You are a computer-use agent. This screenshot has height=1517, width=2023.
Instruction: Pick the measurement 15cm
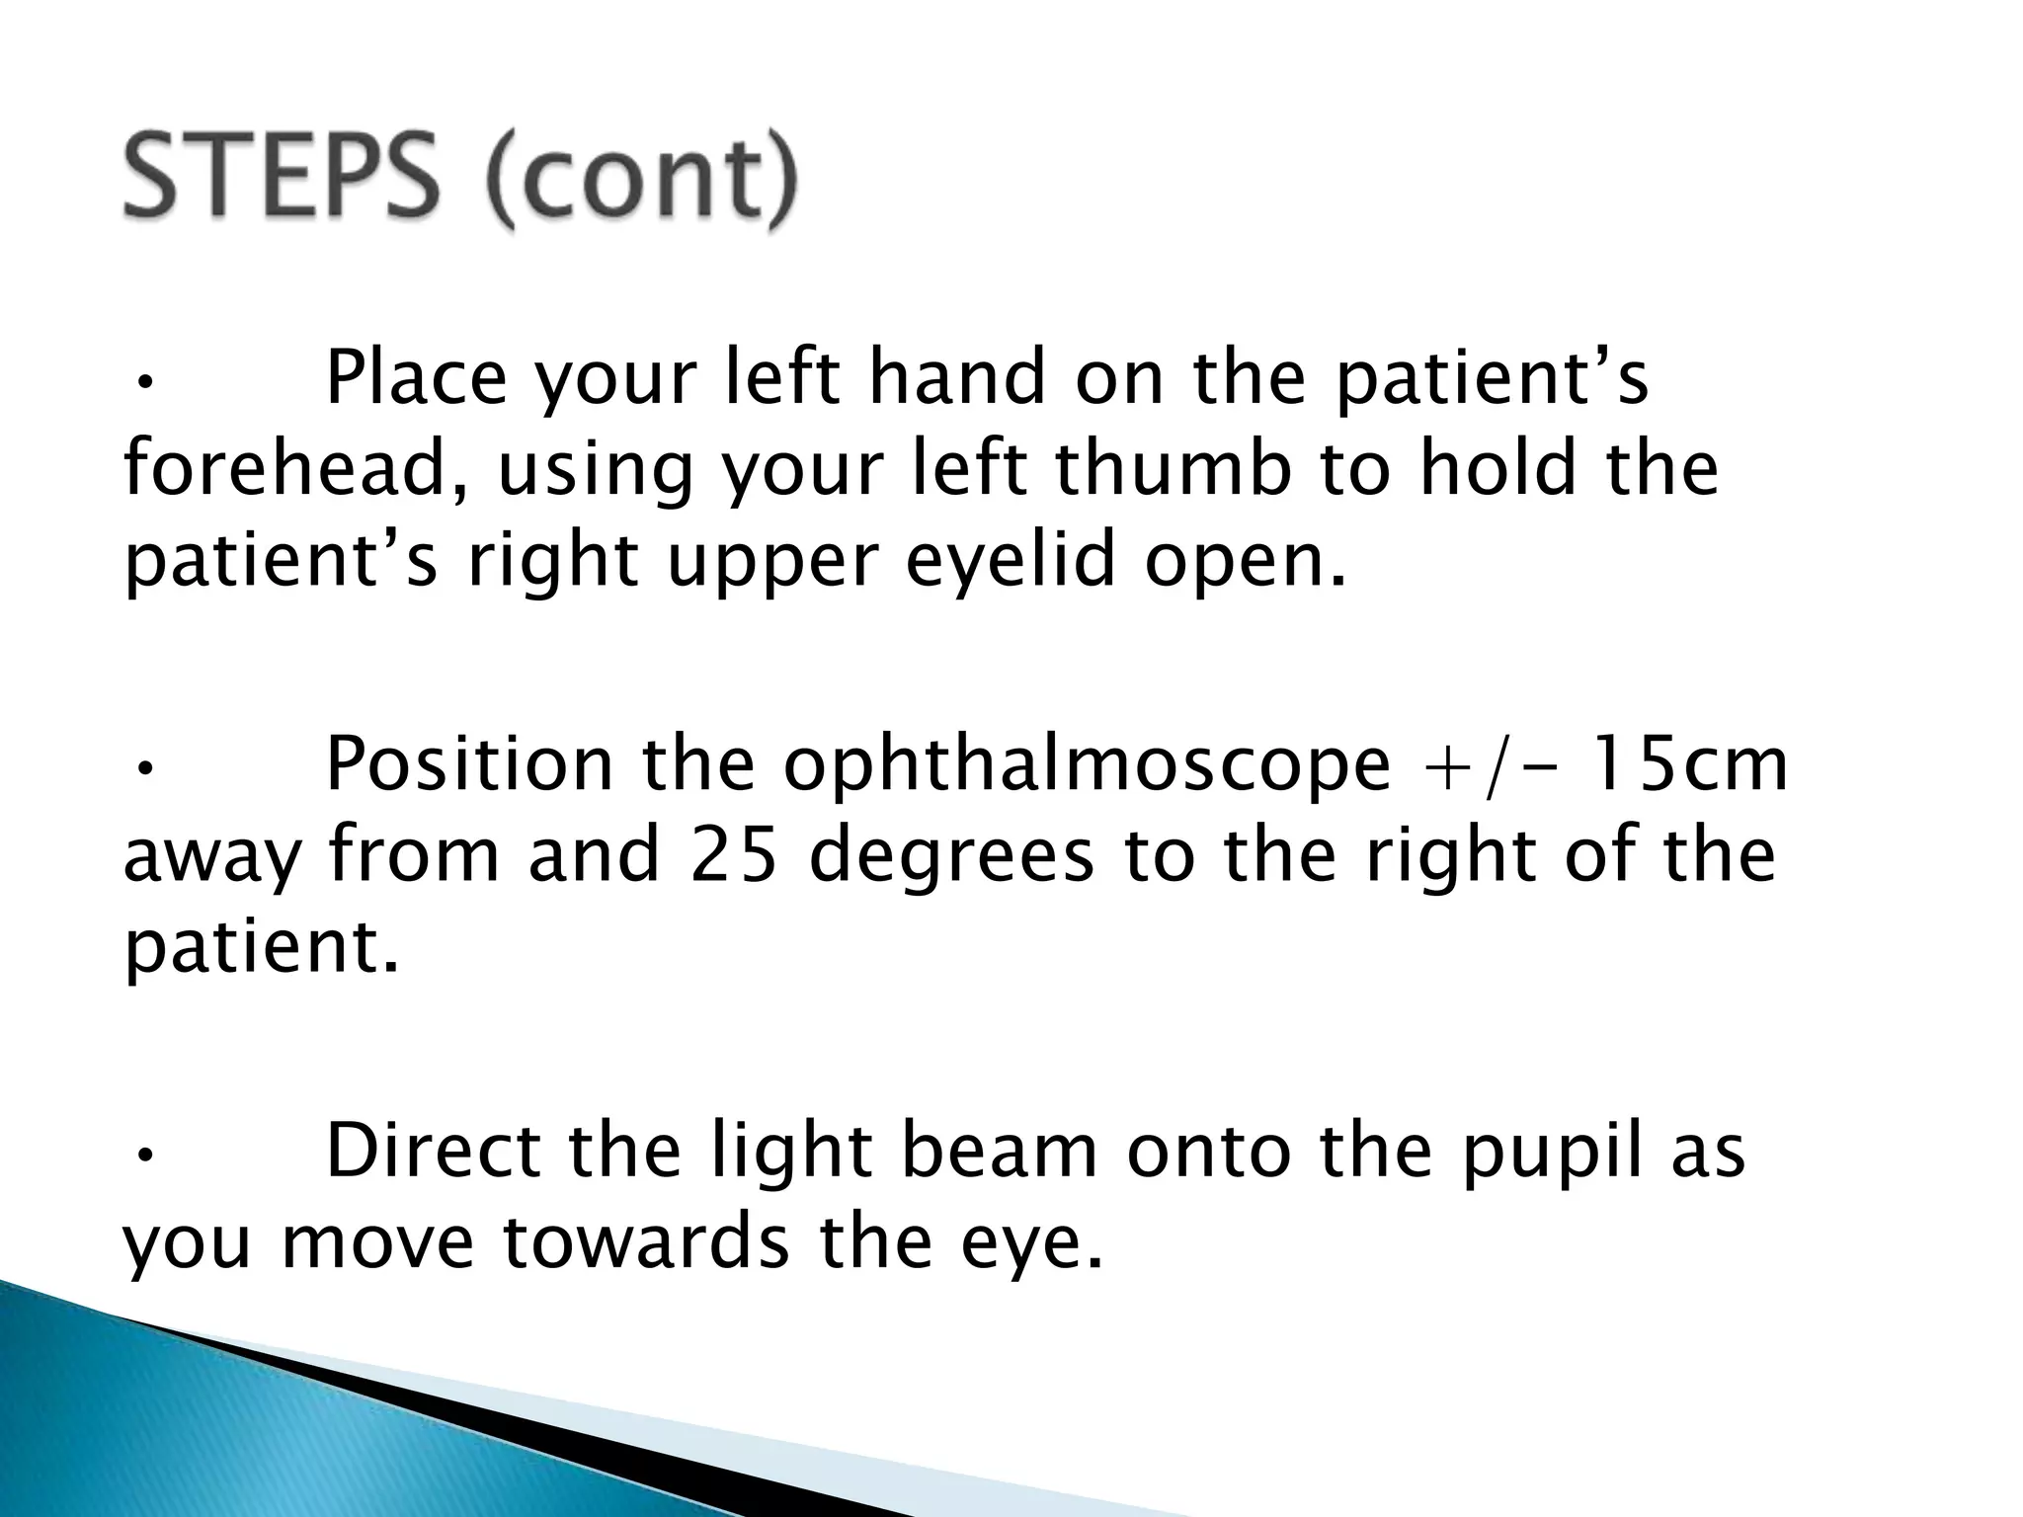click(1691, 765)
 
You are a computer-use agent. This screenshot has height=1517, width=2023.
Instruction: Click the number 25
click(732, 855)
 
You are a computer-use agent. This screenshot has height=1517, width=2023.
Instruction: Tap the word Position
click(469, 765)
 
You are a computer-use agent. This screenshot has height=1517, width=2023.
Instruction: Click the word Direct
click(433, 1151)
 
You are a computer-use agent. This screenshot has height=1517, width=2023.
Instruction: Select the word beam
click(1001, 1151)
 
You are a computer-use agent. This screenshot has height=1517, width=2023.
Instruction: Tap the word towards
click(646, 1241)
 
